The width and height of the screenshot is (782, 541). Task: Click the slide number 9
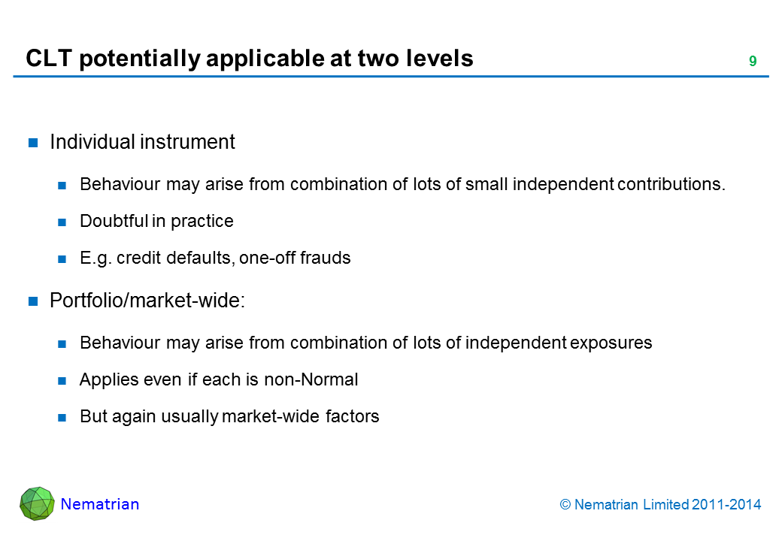[753, 62]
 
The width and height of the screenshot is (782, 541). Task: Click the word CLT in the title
[49, 59]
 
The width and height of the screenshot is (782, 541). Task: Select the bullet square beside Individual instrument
[33, 143]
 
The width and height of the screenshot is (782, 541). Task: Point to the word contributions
[671, 184]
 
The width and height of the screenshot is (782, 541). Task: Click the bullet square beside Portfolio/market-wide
[33, 301]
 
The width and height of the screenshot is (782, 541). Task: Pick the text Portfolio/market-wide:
[147, 301]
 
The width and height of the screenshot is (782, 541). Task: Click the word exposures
[611, 343]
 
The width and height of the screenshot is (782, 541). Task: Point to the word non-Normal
[311, 379]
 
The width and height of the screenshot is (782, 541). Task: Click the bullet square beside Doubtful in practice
[62, 222]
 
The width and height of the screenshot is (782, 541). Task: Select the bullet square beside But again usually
[62, 418]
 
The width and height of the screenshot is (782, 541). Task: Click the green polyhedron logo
[37, 503]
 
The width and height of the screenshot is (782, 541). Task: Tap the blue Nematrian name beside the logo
[100, 504]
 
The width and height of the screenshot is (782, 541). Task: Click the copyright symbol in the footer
[565, 505]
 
